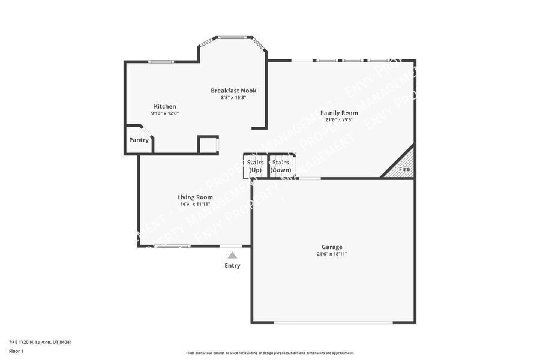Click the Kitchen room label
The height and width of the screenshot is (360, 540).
click(165, 106)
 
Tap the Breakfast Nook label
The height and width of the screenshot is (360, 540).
click(233, 91)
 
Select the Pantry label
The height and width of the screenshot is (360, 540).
click(139, 140)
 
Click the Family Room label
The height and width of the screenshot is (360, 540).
click(339, 112)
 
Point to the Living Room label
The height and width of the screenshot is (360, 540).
click(194, 197)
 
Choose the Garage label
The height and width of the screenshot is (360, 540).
click(332, 247)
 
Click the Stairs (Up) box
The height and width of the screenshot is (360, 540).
click(255, 166)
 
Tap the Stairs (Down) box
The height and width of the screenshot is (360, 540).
click(281, 166)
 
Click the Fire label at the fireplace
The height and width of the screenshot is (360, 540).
click(404, 169)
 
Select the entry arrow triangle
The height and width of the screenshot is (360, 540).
click(232, 255)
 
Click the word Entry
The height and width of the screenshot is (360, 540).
click(232, 265)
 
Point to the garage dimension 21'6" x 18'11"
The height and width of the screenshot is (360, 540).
click(332, 254)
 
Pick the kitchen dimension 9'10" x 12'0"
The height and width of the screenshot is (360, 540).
click(165, 113)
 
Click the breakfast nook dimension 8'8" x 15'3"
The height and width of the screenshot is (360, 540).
click(233, 97)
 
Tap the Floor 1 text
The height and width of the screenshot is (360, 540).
click(16, 350)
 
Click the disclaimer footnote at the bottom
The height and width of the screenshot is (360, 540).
click(270, 353)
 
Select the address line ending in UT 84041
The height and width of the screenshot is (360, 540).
click(41, 342)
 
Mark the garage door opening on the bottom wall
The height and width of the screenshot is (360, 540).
click(334, 323)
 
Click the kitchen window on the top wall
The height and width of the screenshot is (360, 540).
click(161, 61)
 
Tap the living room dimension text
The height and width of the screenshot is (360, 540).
click(194, 204)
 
